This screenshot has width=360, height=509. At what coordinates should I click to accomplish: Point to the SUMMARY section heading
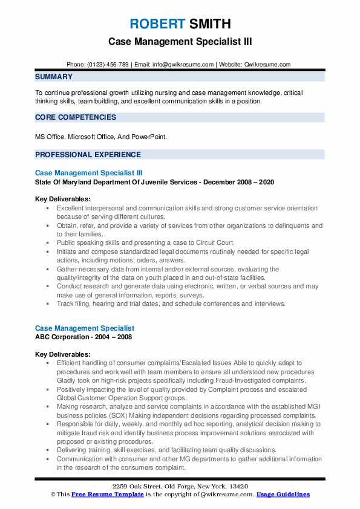(x=54, y=77)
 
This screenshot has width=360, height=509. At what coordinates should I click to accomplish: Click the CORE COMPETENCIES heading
(x=75, y=117)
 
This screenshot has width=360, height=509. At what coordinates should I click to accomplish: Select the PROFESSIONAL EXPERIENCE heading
(x=88, y=154)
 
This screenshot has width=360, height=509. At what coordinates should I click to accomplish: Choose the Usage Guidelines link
(x=283, y=494)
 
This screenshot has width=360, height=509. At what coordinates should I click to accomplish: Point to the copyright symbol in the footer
(x=53, y=494)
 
